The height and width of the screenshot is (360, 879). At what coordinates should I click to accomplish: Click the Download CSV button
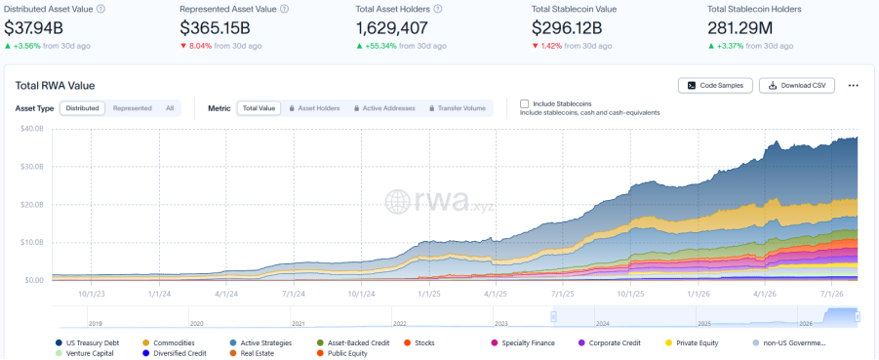coord(797,85)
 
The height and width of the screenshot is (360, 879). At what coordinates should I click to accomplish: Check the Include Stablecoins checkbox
coord(525,103)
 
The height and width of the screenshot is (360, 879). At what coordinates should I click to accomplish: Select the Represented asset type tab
coord(133,108)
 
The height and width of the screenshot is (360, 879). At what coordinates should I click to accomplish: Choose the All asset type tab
coord(170,108)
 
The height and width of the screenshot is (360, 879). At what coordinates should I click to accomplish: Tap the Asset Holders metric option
coord(314,108)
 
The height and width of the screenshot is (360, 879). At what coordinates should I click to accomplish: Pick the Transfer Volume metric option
coord(458,108)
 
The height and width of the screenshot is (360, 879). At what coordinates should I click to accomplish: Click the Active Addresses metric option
coord(384,108)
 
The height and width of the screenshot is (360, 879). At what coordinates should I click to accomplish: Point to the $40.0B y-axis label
coord(32,129)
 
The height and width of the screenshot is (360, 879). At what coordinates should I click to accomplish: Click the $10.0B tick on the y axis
coord(32,242)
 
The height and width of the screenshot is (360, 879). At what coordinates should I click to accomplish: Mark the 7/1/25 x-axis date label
coord(563,294)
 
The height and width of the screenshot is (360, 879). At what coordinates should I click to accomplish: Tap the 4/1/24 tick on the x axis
coord(226,294)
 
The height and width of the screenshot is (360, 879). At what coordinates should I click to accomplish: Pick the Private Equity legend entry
coord(692,342)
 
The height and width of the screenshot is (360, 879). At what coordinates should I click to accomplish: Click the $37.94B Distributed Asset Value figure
coord(33,28)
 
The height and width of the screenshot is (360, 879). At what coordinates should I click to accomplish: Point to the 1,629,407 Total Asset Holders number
coord(392,28)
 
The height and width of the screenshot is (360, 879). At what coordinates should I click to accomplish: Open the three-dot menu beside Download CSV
coord(854,85)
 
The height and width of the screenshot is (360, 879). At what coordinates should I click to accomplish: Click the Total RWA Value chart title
coord(55,86)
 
